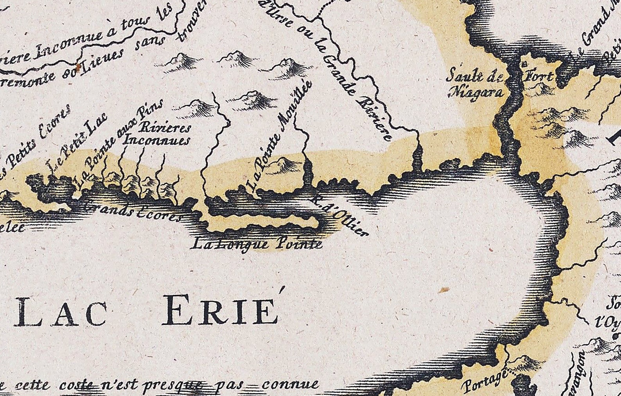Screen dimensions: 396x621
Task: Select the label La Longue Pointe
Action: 257,245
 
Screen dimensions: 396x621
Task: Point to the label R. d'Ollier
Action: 339,215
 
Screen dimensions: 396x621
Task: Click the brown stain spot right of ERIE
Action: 443,290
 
